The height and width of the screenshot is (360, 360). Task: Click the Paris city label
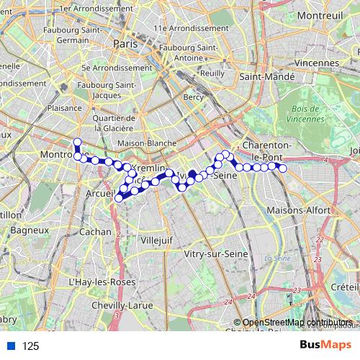tap(125, 43)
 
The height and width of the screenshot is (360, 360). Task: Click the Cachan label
tap(96, 232)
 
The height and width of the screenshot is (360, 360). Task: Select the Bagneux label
tap(32, 230)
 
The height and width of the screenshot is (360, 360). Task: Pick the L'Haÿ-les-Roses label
tap(101, 282)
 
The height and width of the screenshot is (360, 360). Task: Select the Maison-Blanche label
tap(147, 143)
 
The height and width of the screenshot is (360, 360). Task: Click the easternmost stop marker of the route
tap(283, 168)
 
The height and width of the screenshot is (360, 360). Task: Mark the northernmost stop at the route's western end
tap(77, 142)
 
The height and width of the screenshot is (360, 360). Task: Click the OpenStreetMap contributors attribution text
tap(297, 323)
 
